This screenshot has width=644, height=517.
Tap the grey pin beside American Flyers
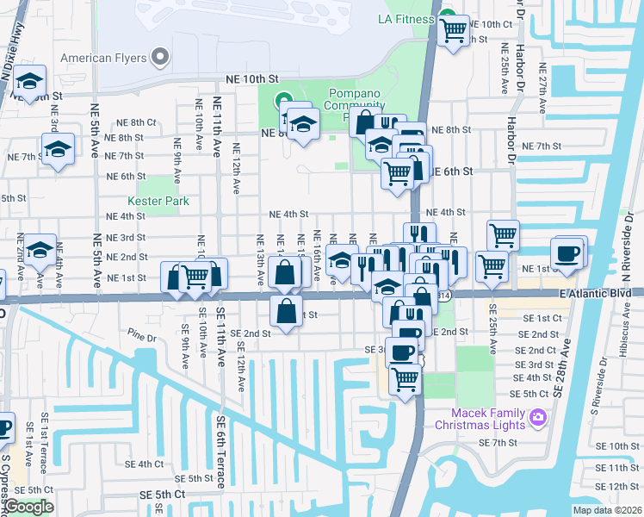click(159, 58)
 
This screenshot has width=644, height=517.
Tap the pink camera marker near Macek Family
click(538, 418)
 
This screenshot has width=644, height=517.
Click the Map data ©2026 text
click(607, 510)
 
